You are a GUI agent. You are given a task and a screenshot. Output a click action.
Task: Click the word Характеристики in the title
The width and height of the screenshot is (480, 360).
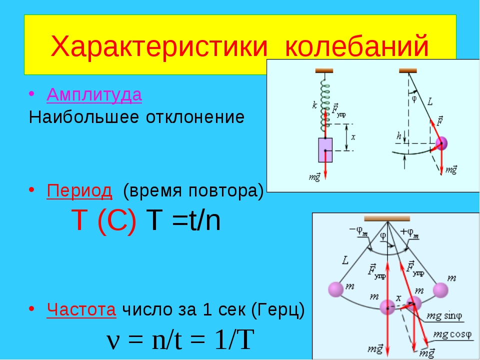159,46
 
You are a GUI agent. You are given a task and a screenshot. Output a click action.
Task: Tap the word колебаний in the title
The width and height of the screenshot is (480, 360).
356,46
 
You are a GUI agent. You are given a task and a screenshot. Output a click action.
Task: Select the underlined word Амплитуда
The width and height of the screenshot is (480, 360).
94,94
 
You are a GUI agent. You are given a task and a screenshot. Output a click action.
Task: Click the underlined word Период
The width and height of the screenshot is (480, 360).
79,190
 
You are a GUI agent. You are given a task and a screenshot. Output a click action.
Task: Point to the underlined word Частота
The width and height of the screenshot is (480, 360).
81,309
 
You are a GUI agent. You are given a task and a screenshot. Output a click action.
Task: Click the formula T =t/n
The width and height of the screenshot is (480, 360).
183,220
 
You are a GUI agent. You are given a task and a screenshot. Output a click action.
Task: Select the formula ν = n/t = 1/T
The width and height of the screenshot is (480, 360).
180,340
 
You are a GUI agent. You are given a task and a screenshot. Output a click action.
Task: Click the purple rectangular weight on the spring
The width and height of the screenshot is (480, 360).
325,150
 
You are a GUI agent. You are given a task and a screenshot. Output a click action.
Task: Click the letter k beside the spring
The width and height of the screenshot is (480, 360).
314,105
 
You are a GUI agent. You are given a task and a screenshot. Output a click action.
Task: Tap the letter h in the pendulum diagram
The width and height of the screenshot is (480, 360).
398,136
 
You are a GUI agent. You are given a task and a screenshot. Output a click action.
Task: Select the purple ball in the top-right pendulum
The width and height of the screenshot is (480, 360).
441,143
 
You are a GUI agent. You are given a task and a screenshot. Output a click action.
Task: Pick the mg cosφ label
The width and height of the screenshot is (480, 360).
453,334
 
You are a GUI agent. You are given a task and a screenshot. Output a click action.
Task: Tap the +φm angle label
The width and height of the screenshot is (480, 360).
409,232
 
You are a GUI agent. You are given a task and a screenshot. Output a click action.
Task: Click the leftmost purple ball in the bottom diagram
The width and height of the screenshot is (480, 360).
336,289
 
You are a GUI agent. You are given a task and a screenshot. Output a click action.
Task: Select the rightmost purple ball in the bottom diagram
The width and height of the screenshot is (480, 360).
440,290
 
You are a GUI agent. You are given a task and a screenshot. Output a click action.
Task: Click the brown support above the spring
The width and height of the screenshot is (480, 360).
324,70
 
